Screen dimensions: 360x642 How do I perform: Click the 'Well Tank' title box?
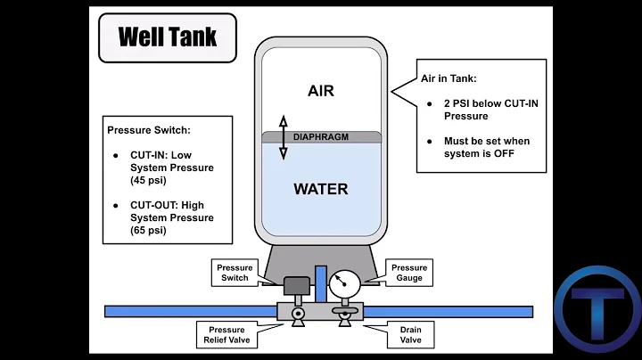pos(168,37)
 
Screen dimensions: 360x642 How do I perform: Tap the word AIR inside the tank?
pos(321,92)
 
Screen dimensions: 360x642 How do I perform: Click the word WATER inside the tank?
pos(321,189)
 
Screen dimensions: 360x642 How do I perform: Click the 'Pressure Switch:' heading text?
pos(149,129)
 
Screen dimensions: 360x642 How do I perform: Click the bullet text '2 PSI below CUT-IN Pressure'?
pos(490,110)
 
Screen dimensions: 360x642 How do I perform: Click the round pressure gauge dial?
pos(343,284)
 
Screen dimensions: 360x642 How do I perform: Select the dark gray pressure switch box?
pos(293,287)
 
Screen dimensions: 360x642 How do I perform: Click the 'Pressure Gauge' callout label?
pos(409,273)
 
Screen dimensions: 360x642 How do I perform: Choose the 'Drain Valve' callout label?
pos(409,335)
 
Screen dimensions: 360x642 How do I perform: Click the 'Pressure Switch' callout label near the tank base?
pos(235,273)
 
